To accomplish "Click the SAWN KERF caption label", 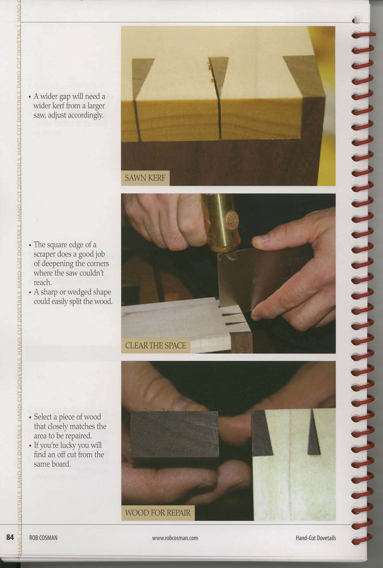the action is click(145, 178).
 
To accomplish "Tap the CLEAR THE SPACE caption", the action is click(155, 346).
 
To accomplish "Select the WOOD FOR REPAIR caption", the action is click(158, 513).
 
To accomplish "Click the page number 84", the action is click(10, 537).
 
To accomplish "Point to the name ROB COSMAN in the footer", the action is click(43, 538).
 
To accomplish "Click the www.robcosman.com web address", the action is click(175, 538).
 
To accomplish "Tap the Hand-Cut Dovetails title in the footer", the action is click(315, 538).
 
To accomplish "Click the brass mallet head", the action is click(221, 222).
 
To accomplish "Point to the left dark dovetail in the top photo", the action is click(141, 78).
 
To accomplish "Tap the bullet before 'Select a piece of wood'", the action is click(30, 417).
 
